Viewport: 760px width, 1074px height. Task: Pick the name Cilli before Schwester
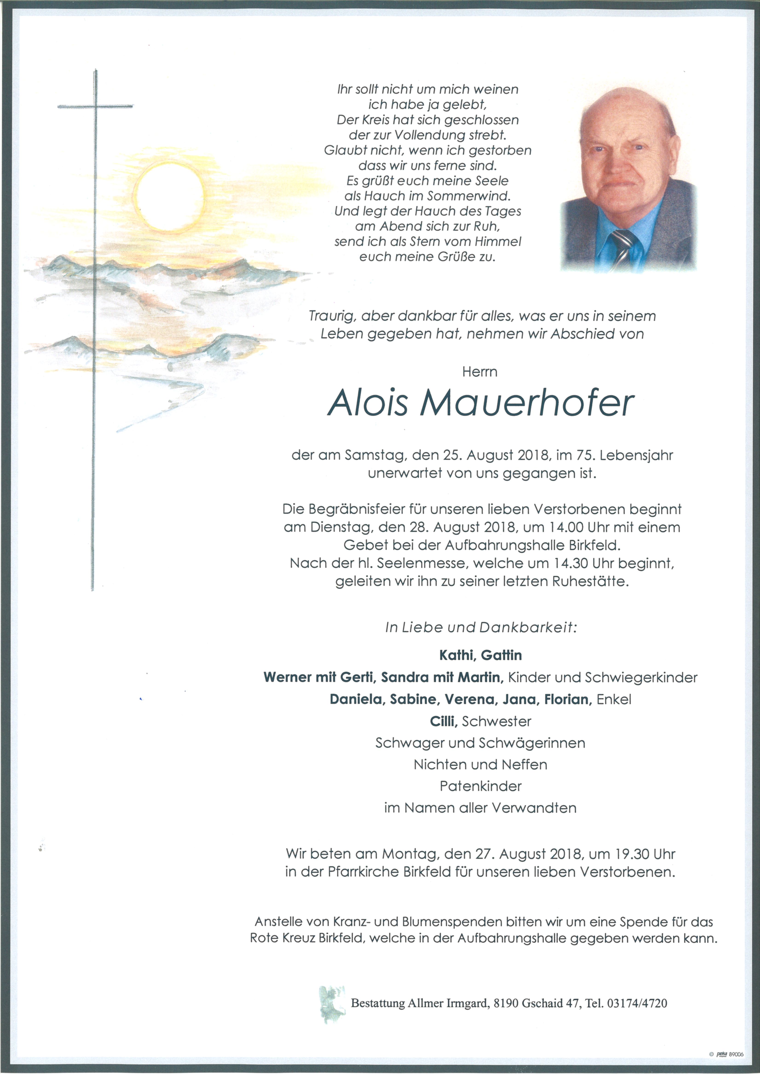click(443, 721)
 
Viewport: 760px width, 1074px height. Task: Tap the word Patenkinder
click(481, 786)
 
